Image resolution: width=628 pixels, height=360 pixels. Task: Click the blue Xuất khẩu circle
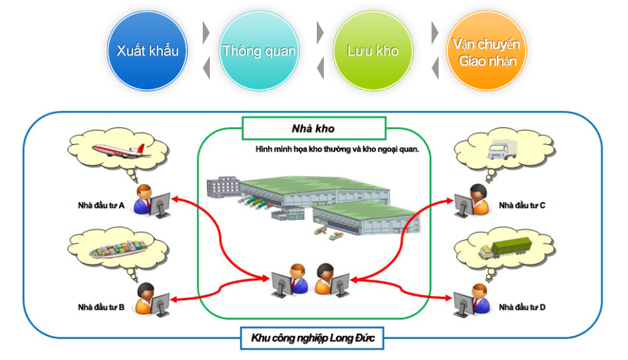point(148,51)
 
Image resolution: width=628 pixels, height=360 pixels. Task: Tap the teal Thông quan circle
point(259,51)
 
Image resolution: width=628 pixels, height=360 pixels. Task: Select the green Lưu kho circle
point(372,51)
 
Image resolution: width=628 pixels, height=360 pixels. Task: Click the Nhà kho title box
point(313,128)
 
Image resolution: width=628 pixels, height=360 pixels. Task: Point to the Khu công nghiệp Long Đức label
point(313,339)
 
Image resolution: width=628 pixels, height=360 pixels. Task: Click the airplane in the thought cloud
point(121,149)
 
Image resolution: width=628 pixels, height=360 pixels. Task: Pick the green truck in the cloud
point(501,249)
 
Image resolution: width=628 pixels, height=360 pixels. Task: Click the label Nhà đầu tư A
point(101,206)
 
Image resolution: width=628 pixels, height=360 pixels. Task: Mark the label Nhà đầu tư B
point(101,307)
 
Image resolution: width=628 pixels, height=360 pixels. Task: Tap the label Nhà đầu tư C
point(522,206)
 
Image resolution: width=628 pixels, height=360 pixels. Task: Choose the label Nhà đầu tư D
point(522,307)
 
